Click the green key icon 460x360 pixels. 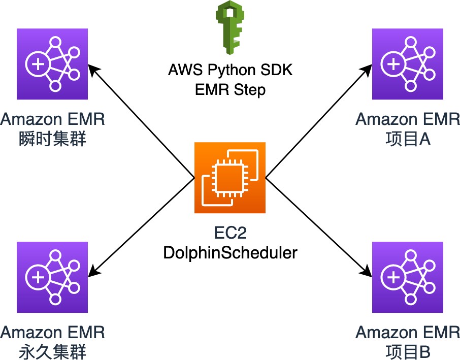pos(231,28)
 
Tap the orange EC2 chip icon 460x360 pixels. pos(230,178)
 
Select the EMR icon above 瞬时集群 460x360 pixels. pos(52,63)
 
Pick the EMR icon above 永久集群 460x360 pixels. pos(52,277)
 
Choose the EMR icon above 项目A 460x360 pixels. pos(408,63)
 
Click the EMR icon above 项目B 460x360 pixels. pos(408,277)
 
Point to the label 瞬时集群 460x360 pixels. pos(52,138)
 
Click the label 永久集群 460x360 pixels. pos(52,351)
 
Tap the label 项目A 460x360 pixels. pos(408,138)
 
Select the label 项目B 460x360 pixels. pos(408,351)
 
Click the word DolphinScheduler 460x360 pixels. pos(230,252)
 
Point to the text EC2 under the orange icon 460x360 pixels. pos(230,235)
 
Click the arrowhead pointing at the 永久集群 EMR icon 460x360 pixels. pos(93,273)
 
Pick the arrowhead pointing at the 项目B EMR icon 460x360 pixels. pos(367,273)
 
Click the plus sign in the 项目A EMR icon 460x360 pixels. pos(393,64)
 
